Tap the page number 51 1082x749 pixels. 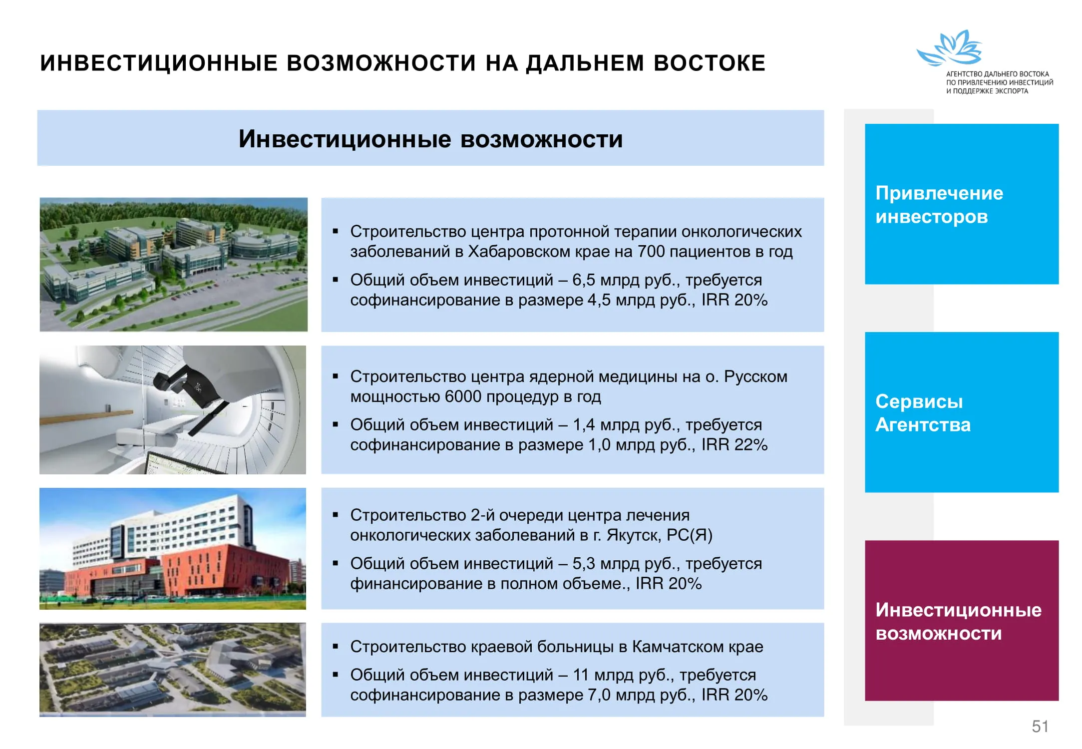click(1040, 727)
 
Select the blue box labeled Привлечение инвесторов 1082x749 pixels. click(962, 204)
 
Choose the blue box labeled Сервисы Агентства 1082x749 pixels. click(962, 412)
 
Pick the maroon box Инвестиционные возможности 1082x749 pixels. click(962, 621)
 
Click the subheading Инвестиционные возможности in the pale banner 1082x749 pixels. click(430, 139)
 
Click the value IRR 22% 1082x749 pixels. click(734, 445)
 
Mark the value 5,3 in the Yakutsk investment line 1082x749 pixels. click(584, 564)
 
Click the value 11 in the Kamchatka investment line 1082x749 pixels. click(581, 675)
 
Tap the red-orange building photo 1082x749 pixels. click(173, 549)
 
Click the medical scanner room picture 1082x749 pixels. click(173, 410)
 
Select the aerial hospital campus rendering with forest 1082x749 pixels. click(174, 265)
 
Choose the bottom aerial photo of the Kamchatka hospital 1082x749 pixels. click(173, 670)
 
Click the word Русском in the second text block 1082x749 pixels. click(756, 376)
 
